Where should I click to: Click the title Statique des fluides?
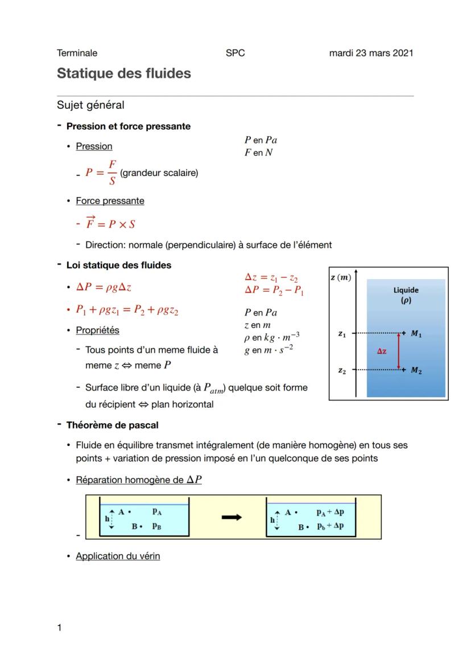(123, 73)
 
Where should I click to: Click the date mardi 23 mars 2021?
(371, 53)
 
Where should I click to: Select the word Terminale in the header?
(77, 53)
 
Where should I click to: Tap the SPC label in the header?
(235, 53)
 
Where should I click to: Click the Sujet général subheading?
(90, 105)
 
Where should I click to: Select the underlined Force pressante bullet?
(110, 200)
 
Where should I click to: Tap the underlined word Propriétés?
(97, 330)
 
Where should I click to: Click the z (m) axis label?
(341, 277)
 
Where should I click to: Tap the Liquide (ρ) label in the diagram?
(406, 294)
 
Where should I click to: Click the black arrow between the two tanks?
(232, 517)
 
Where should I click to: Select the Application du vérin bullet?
(118, 556)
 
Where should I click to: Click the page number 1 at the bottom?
(59, 628)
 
